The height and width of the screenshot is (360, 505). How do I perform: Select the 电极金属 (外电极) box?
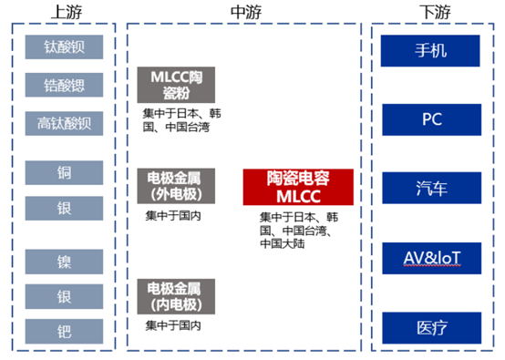tap(177, 184)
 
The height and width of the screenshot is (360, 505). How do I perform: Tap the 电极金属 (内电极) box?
tap(177, 296)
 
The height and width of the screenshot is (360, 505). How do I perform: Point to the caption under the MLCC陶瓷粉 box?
tap(180, 120)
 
